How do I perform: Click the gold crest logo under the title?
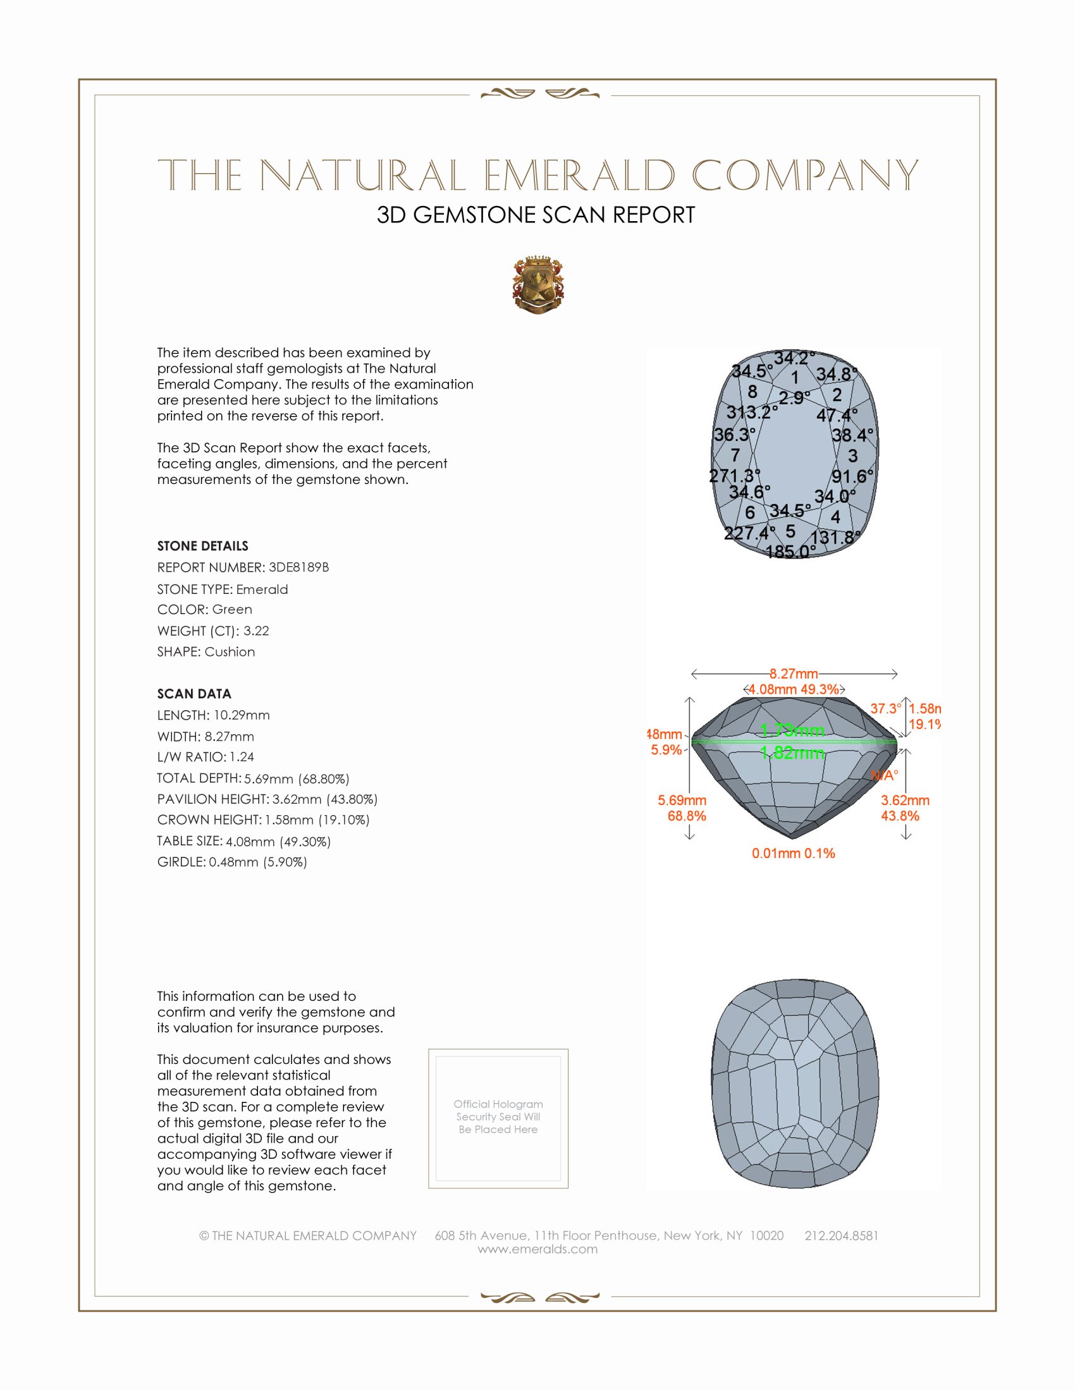point(538,285)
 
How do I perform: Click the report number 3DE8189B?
point(298,567)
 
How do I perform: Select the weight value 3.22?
point(256,631)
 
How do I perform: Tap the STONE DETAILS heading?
point(202,546)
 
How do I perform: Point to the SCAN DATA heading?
point(193,694)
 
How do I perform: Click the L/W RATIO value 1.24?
point(242,757)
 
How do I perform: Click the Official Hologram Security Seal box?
point(498,1118)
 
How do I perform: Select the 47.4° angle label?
point(837,416)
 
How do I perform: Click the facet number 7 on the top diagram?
point(735,455)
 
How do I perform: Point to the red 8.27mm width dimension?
point(794,674)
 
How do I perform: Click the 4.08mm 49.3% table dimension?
point(794,689)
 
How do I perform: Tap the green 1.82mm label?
point(792,753)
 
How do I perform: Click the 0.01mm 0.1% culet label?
point(793,853)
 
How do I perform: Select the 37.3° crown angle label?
point(885,708)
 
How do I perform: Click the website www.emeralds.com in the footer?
point(537,1249)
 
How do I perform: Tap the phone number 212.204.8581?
point(841,1235)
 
